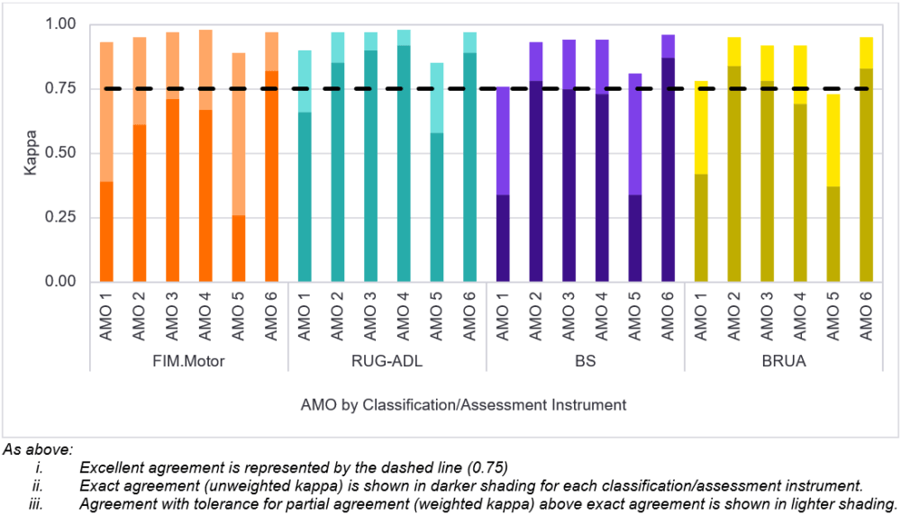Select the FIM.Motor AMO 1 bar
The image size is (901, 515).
coord(106,162)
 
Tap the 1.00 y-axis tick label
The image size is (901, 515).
coord(60,24)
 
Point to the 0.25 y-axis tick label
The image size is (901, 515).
coord(60,218)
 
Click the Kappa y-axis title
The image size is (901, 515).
coord(31,154)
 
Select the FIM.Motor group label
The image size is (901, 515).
coord(189,362)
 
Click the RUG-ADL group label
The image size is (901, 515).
coord(387,362)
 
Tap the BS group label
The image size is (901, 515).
coord(586,362)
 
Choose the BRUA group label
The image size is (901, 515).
coord(784,362)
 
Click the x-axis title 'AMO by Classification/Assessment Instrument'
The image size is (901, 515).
coord(463,404)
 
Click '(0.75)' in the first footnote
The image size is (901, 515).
coord(487,466)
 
